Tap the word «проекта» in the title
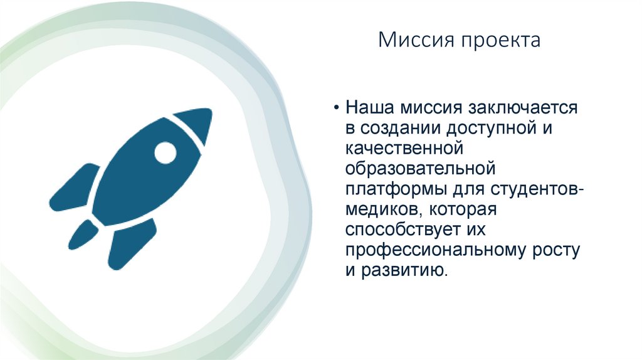tap(500, 42)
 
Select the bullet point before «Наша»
tap(337, 108)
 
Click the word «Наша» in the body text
tap(367, 108)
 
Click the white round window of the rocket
tap(166, 152)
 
